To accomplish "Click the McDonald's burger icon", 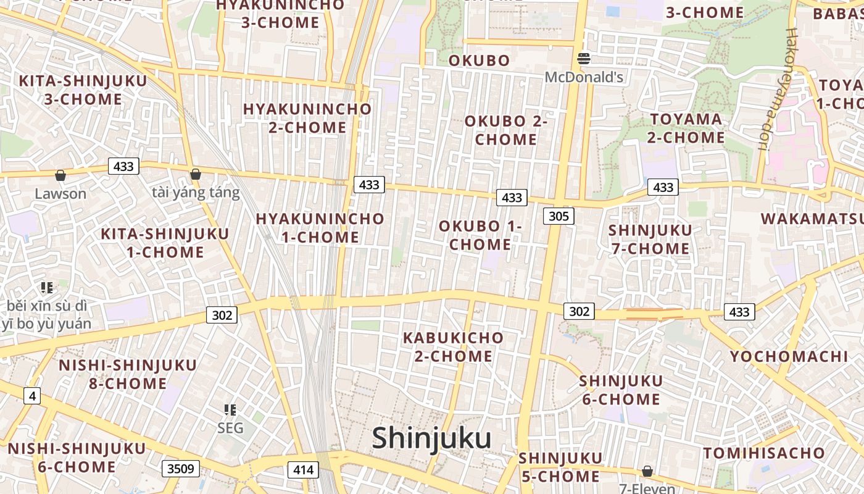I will [584, 59].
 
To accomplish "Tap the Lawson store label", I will [60, 193].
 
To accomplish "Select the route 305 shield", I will [559, 216].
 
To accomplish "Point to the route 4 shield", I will [32, 395].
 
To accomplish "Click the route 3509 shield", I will [181, 469].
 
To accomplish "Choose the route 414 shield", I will [303, 470].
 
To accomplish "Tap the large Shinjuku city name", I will [431, 438].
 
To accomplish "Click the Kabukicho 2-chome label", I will [454, 347].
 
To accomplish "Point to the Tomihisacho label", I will [764, 453].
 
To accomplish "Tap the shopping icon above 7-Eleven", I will [647, 472].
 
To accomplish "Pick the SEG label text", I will [230, 428].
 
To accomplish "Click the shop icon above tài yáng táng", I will [196, 175].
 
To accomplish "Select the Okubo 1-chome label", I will [480, 235].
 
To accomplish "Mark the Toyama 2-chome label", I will [686, 128].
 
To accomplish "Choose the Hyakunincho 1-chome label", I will [320, 228].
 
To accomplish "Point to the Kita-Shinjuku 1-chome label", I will [165, 243].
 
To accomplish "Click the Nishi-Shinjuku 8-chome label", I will [128, 374].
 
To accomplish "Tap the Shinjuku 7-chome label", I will [649, 240].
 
